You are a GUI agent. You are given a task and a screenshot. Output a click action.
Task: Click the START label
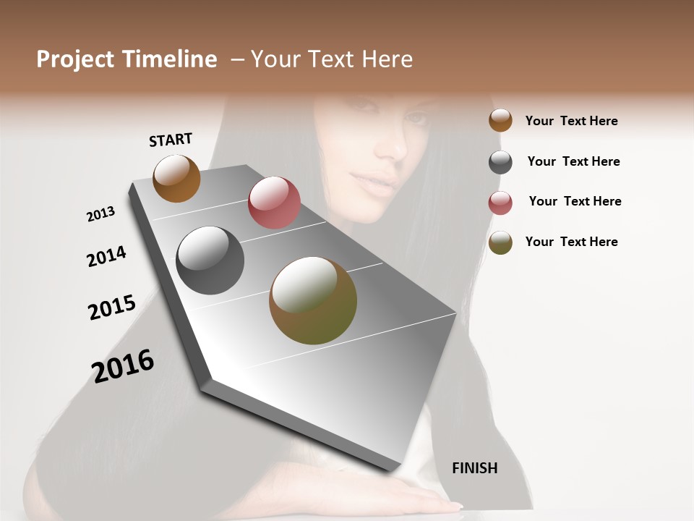[x=171, y=140]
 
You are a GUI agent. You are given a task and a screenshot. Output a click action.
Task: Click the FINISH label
[x=474, y=468]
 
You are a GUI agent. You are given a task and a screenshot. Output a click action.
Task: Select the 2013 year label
[x=100, y=214]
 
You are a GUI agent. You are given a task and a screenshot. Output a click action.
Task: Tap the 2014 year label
[x=106, y=256]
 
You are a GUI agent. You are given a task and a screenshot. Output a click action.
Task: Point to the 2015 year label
[x=112, y=308]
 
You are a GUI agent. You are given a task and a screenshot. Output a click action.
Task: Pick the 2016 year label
[x=123, y=365]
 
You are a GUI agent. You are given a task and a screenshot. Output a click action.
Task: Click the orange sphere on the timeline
[x=176, y=178]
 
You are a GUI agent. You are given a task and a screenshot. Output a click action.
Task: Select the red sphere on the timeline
[x=274, y=203]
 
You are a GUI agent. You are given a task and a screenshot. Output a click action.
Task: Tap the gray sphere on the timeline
[x=210, y=260]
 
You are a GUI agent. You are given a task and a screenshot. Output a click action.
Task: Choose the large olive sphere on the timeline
[x=313, y=300]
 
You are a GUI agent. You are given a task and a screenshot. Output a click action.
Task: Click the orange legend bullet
[x=500, y=120]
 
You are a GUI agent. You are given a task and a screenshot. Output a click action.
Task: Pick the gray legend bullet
[x=500, y=162]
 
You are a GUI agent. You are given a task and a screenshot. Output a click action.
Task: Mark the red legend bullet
[x=500, y=203]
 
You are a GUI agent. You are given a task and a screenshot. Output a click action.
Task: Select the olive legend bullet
[x=500, y=243]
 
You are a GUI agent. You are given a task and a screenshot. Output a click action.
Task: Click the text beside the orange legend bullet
[x=571, y=121]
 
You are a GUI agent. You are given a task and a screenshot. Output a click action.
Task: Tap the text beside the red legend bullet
[x=575, y=201]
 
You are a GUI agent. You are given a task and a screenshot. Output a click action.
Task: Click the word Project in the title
[x=75, y=59]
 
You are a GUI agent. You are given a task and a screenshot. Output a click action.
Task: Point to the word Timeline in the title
[x=169, y=59]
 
